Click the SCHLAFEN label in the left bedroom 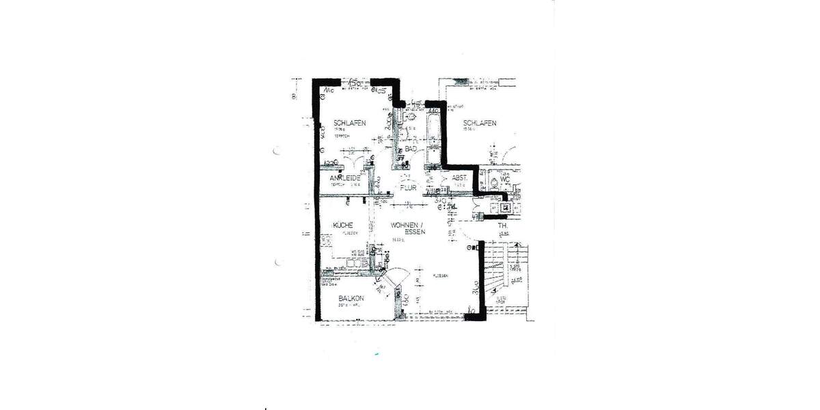349,123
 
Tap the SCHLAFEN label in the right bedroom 479,123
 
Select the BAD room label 411,148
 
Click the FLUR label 409,187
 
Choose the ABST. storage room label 459,179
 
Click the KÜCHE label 343,225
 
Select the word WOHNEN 407,225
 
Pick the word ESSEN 415,232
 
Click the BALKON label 351,299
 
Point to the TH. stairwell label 503,226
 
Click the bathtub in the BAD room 433,140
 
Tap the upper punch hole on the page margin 276,151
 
